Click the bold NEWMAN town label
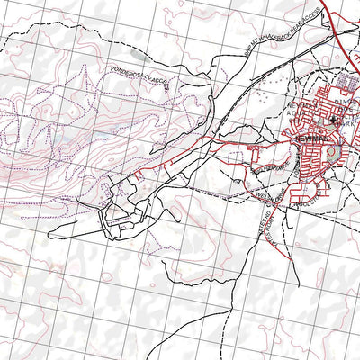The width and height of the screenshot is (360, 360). coord(309,139)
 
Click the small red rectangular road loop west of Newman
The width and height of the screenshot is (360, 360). coord(254,148)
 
